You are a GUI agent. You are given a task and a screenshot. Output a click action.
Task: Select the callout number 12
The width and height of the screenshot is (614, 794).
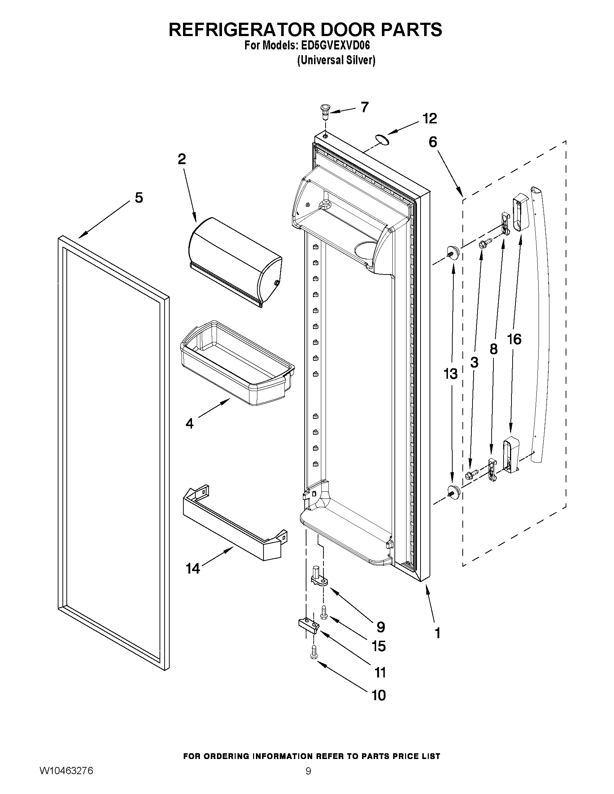click(x=430, y=119)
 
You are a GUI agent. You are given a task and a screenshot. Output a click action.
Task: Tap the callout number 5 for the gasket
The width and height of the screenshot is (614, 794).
click(x=139, y=198)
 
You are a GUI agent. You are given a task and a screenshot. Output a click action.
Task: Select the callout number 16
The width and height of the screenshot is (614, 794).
click(x=514, y=339)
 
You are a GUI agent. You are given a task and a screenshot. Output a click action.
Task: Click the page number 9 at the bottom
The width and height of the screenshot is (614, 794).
click(x=308, y=781)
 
